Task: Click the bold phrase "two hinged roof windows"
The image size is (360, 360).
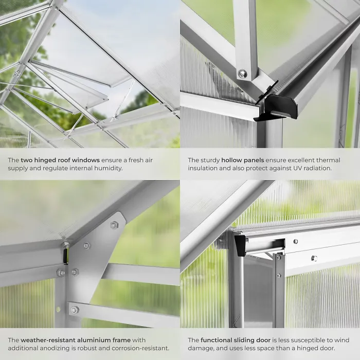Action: pos(60,160)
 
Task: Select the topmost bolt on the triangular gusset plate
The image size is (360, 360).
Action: pos(114,225)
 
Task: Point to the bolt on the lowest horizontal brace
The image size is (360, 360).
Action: pos(75,310)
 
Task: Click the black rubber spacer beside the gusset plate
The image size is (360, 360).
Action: pos(65,256)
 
